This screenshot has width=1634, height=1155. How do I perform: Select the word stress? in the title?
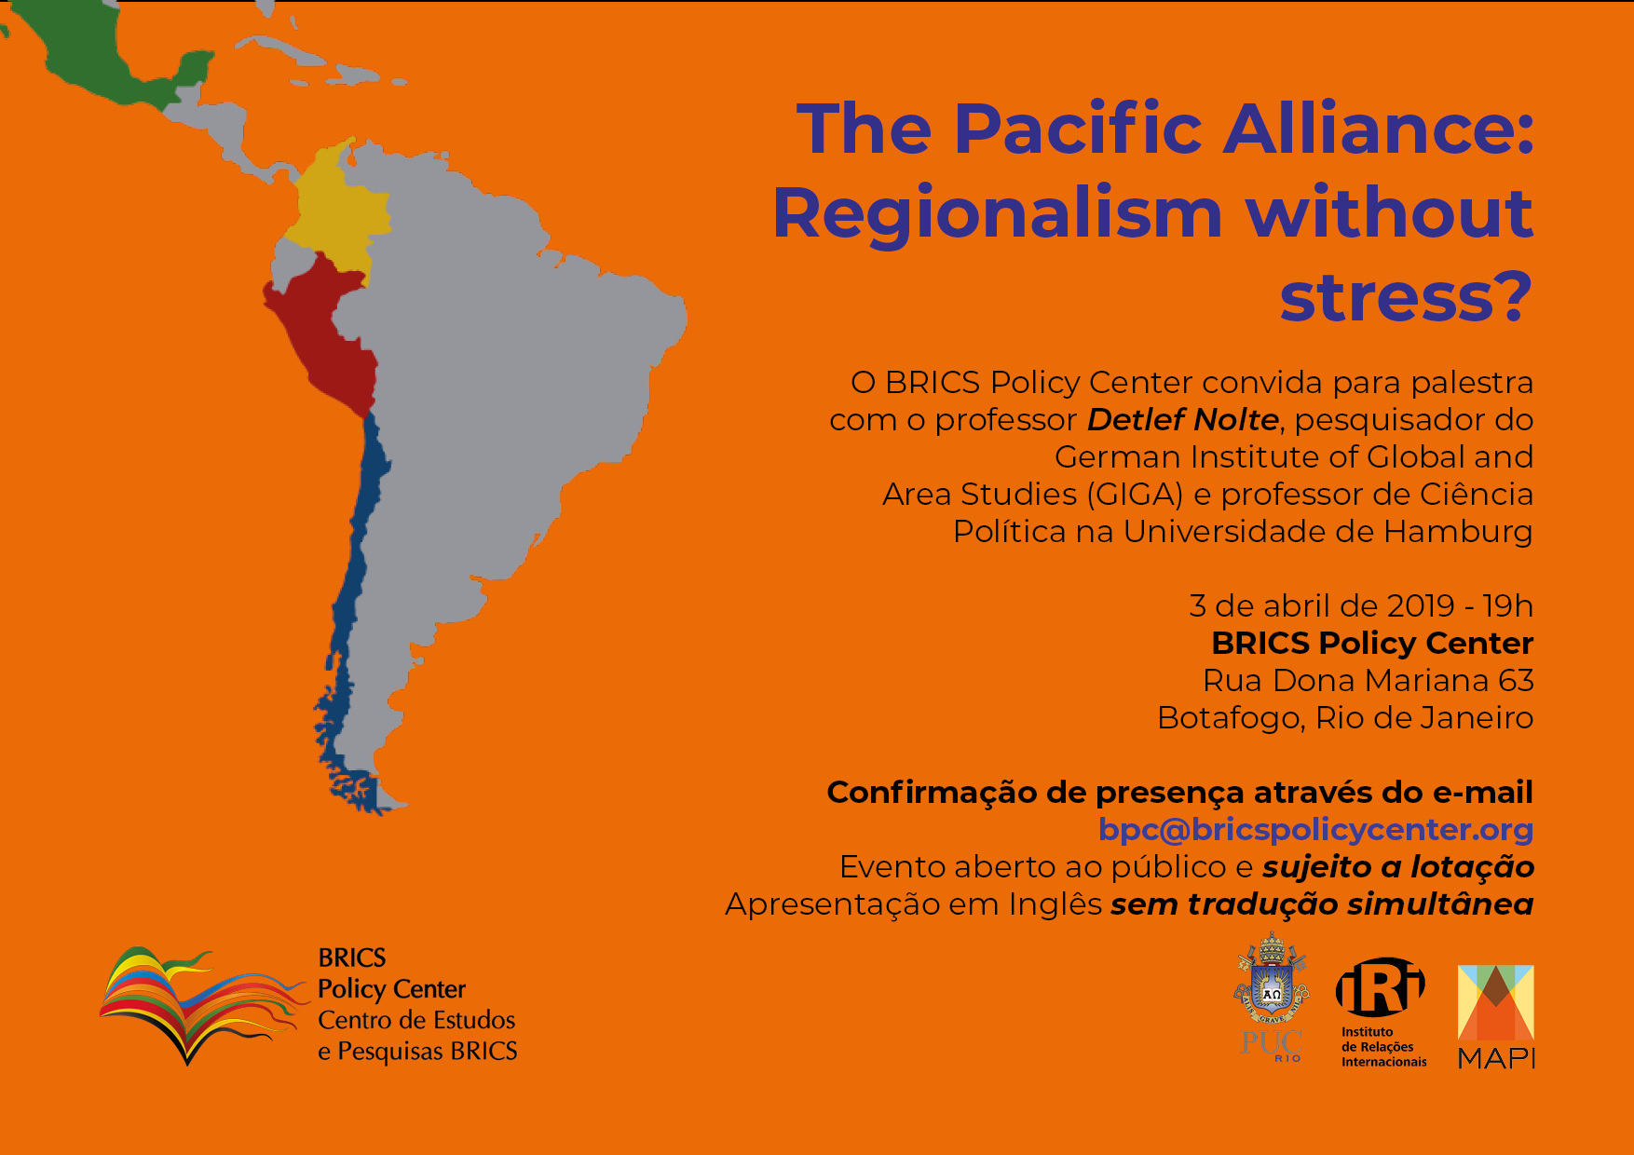[x=1406, y=296]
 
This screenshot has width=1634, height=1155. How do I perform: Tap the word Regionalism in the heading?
[x=997, y=214]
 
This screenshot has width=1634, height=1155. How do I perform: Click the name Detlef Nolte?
[x=1183, y=420]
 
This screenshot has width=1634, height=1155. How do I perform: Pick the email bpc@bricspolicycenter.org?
[x=1316, y=829]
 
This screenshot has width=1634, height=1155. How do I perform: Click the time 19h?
[x=1508, y=605]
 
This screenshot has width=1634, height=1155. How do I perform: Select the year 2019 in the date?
[x=1421, y=605]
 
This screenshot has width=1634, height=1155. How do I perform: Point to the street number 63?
[x=1516, y=680]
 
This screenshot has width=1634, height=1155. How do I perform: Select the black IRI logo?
[x=1382, y=1012]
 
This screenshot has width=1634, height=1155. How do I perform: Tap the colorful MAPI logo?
[x=1496, y=1016]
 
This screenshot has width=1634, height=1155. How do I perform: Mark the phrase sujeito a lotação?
[x=1398, y=867]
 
